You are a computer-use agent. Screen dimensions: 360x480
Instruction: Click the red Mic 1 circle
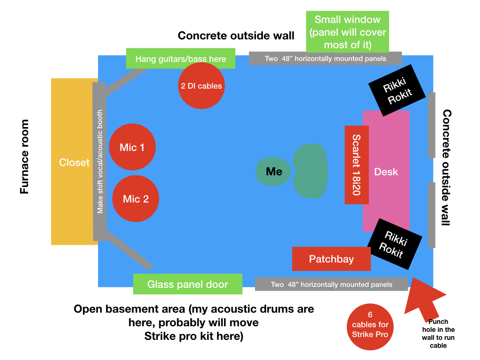[x=132, y=147]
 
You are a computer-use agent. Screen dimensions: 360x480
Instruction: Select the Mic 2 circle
[x=136, y=199]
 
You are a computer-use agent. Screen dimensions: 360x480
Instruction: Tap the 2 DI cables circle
[x=201, y=86]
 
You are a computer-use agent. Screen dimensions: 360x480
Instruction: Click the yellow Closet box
[x=74, y=162]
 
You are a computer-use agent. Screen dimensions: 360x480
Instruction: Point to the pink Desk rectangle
[x=386, y=172]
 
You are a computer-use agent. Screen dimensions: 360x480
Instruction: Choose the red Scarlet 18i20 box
[x=356, y=165]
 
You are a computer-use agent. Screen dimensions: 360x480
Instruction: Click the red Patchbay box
[x=331, y=259]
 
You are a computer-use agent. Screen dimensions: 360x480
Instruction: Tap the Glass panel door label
[x=187, y=284]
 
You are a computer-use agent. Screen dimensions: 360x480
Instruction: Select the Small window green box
[x=347, y=32]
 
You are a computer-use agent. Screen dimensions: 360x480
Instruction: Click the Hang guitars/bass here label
[x=180, y=59]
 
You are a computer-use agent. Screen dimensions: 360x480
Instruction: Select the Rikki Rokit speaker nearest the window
[x=397, y=90]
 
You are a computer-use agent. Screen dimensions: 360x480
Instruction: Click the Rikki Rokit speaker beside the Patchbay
[x=394, y=244]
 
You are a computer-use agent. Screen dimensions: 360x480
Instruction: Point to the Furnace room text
[x=24, y=157]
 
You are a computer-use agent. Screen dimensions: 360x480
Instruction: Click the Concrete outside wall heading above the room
[x=236, y=36]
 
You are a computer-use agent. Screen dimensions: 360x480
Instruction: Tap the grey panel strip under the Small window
[x=325, y=59]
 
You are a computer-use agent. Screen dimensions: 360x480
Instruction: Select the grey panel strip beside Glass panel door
[x=331, y=284]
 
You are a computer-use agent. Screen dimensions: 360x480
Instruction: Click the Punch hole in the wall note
[x=439, y=333]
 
